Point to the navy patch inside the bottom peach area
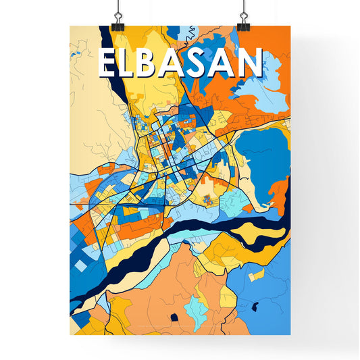tap(175, 317)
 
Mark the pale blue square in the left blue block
tap(81, 267)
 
